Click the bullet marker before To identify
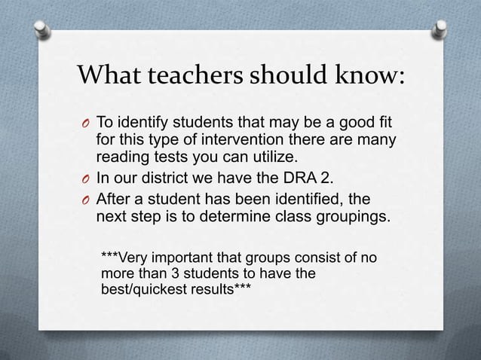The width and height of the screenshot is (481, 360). [x=84, y=124]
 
